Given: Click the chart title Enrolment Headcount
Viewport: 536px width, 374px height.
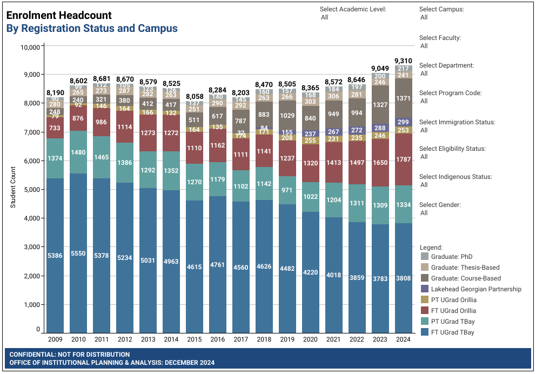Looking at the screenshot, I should point(59,16).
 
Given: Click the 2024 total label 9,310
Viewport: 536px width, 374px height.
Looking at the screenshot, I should point(404,61).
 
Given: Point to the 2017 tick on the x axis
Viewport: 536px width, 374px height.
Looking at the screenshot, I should point(241,339).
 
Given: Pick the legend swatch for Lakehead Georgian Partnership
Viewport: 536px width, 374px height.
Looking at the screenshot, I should point(425,289).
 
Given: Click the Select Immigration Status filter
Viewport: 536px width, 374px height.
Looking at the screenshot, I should point(457,122).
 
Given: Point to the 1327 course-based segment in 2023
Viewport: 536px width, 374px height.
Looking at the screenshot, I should point(380,105).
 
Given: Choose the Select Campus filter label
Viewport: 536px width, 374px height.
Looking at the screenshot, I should point(441,9).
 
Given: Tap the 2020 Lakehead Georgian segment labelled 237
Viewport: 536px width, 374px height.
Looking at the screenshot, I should point(311,133).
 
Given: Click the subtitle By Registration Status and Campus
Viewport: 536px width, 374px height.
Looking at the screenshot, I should point(92,28).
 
